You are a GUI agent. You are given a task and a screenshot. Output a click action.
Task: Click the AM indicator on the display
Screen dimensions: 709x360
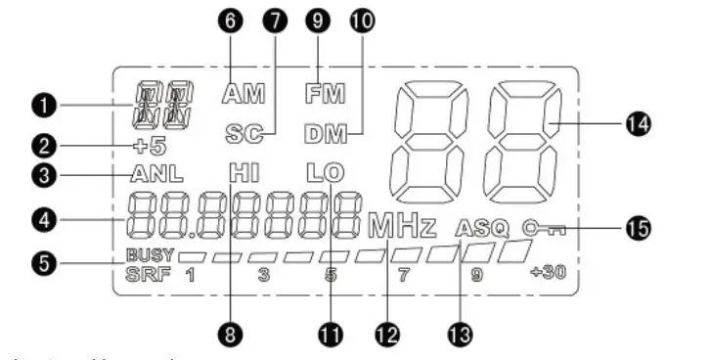(244, 95)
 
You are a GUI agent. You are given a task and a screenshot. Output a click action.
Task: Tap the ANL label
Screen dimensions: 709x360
(154, 175)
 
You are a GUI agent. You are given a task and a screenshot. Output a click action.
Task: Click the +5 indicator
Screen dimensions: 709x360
(151, 147)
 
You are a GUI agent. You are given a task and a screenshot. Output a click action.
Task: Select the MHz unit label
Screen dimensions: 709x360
(402, 228)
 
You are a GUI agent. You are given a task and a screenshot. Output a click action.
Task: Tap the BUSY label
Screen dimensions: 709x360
(150, 254)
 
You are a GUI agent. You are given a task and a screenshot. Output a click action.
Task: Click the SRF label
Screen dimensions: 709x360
(149, 273)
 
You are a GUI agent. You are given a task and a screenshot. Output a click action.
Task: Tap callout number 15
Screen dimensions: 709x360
(639, 227)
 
